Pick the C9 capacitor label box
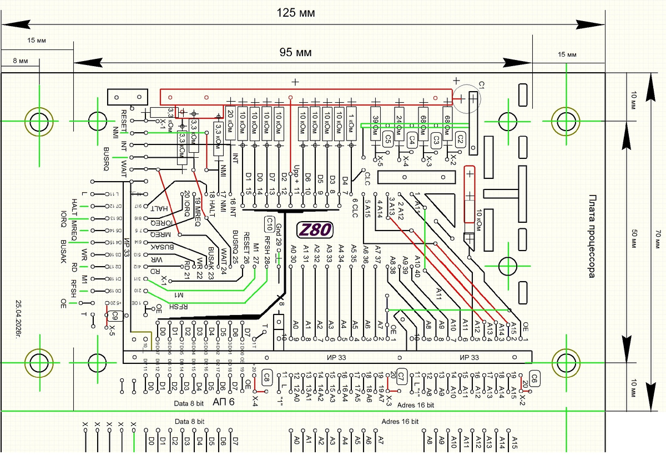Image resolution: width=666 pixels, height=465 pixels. click(x=115, y=316)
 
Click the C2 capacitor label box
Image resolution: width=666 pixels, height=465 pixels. click(x=460, y=139)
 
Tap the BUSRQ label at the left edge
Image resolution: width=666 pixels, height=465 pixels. click(x=108, y=157)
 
